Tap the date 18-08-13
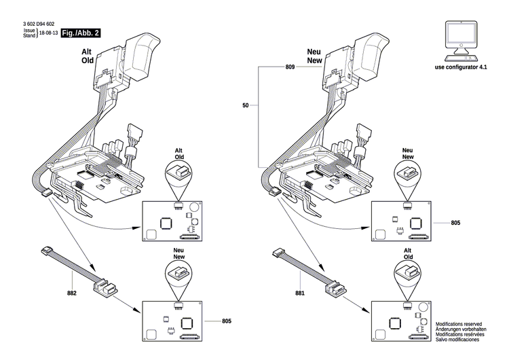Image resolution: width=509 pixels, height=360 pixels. pyautogui.click(x=48, y=33)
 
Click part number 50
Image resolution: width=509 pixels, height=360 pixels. pyautogui.click(x=246, y=105)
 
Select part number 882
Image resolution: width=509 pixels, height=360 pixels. pyautogui.click(x=72, y=293)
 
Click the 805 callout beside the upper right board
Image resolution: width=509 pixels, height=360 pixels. pyautogui.click(x=455, y=223)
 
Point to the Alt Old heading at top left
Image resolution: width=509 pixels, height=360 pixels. pyautogui.click(x=88, y=56)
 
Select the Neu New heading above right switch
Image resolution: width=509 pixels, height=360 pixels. pyautogui.click(x=313, y=56)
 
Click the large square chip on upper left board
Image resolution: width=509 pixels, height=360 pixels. pyautogui.click(x=166, y=222)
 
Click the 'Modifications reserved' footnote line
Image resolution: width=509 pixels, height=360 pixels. pyautogui.click(x=459, y=325)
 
